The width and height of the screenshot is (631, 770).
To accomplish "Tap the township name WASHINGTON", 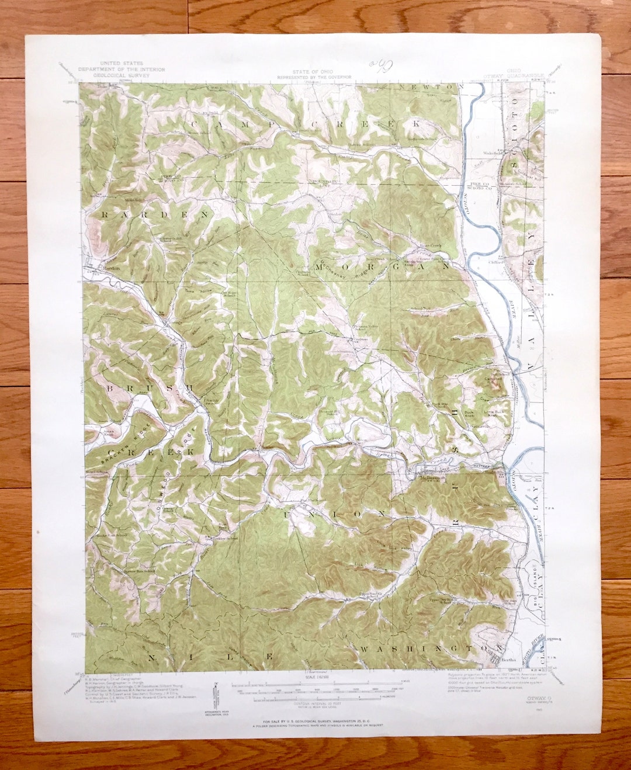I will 431,648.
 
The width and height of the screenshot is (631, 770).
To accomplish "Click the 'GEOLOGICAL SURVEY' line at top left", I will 123,75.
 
